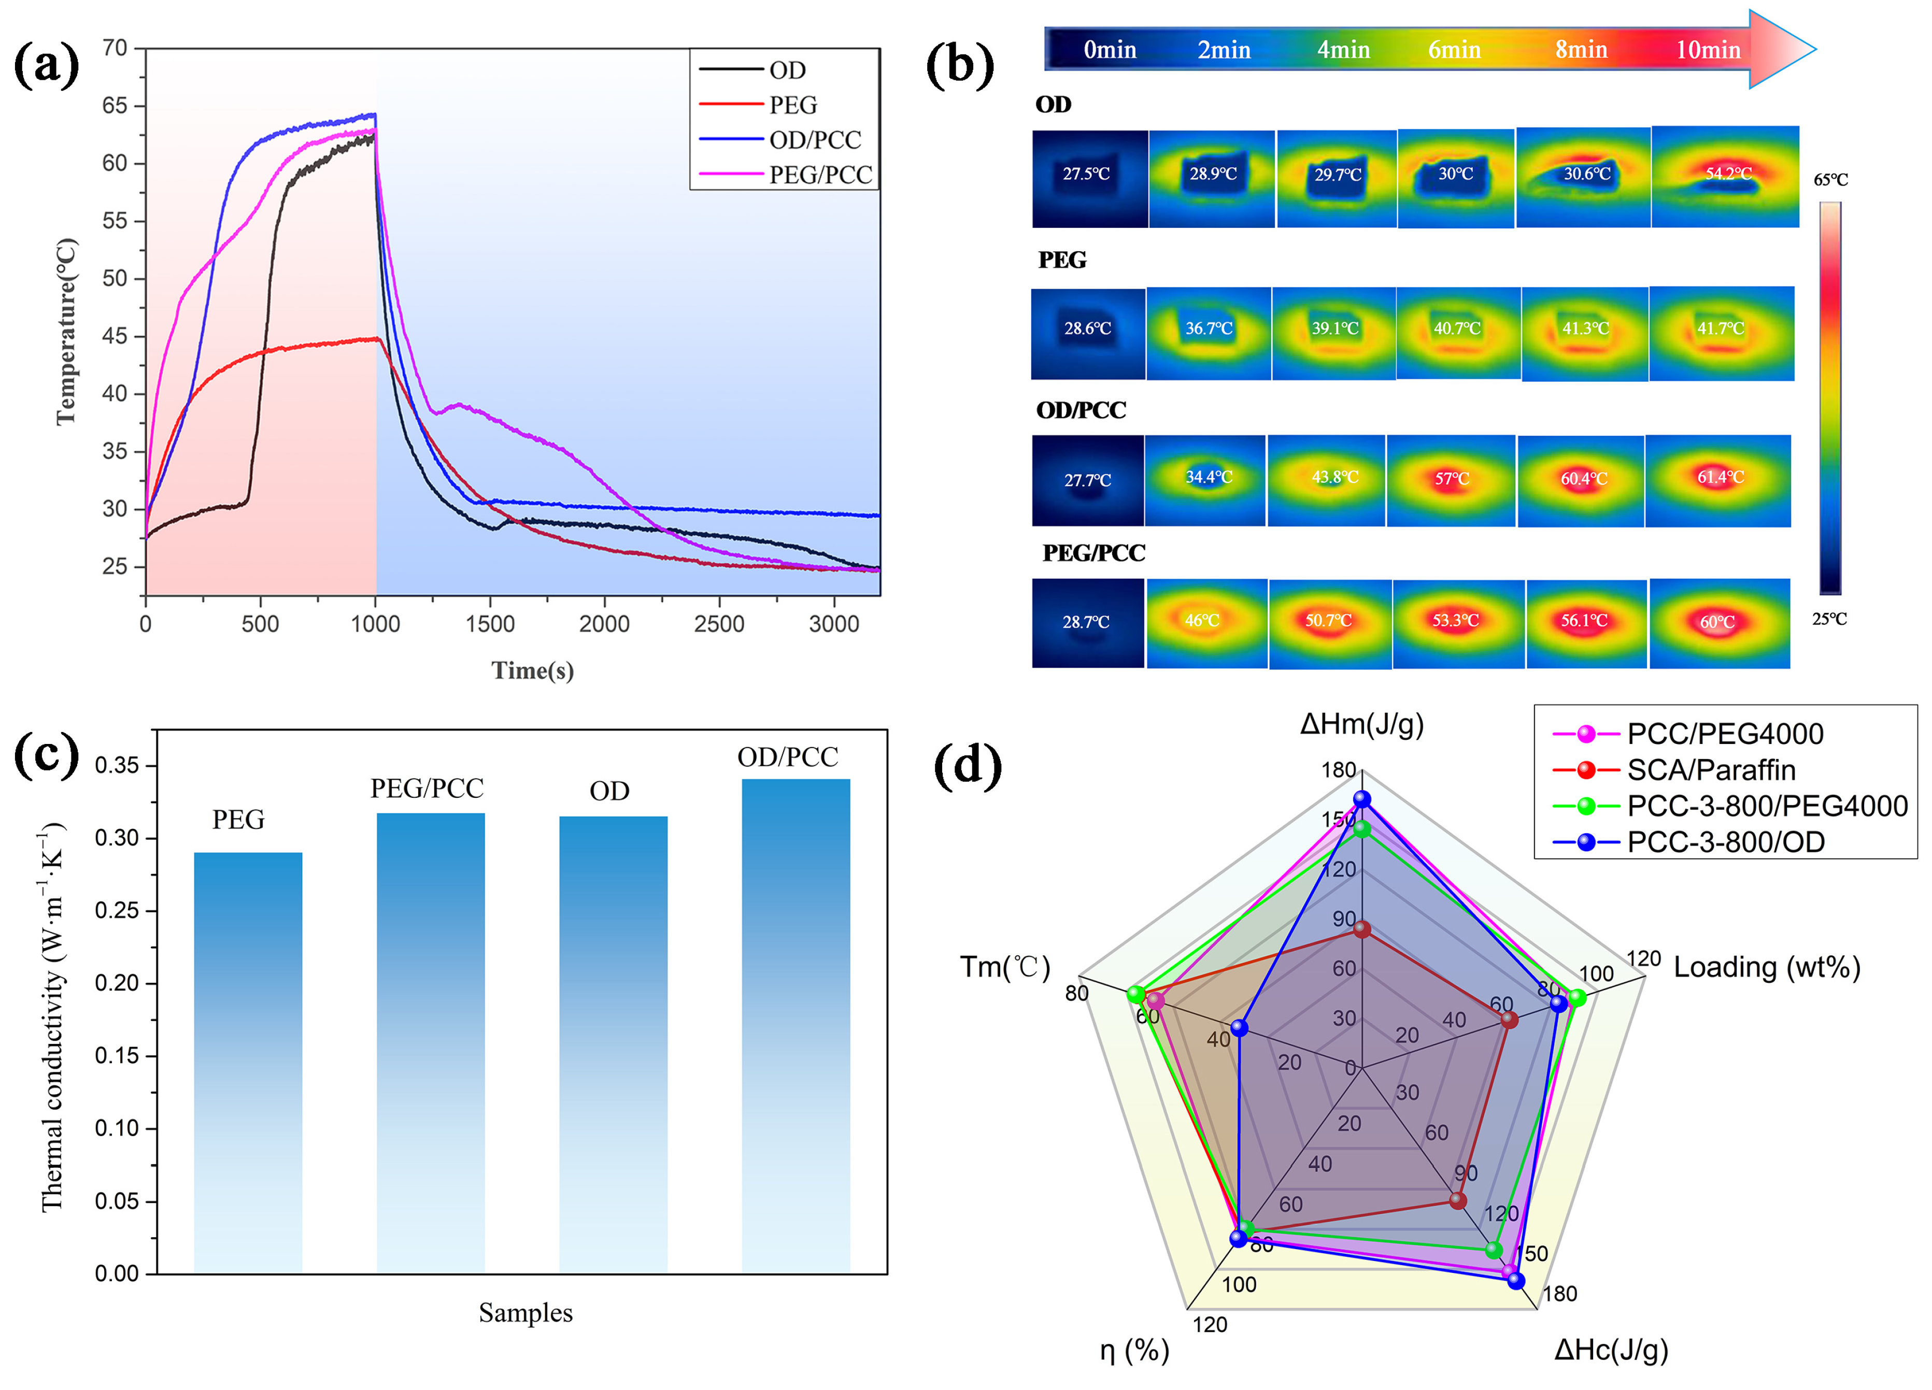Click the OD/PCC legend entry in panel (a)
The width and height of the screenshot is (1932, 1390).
[814, 140]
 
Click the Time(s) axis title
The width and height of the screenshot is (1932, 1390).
[532, 671]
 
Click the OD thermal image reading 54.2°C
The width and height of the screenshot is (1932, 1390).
[1725, 176]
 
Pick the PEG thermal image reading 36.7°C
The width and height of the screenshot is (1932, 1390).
[1209, 332]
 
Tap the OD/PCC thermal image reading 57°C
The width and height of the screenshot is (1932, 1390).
[1452, 480]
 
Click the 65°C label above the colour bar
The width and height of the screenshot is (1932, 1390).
[1830, 180]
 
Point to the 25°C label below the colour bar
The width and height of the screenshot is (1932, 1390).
[1829, 619]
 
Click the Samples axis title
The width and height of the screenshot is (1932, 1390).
[525, 1312]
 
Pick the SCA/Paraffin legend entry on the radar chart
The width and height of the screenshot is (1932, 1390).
[1711, 770]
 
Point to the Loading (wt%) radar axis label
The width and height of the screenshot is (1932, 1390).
[1767, 968]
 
